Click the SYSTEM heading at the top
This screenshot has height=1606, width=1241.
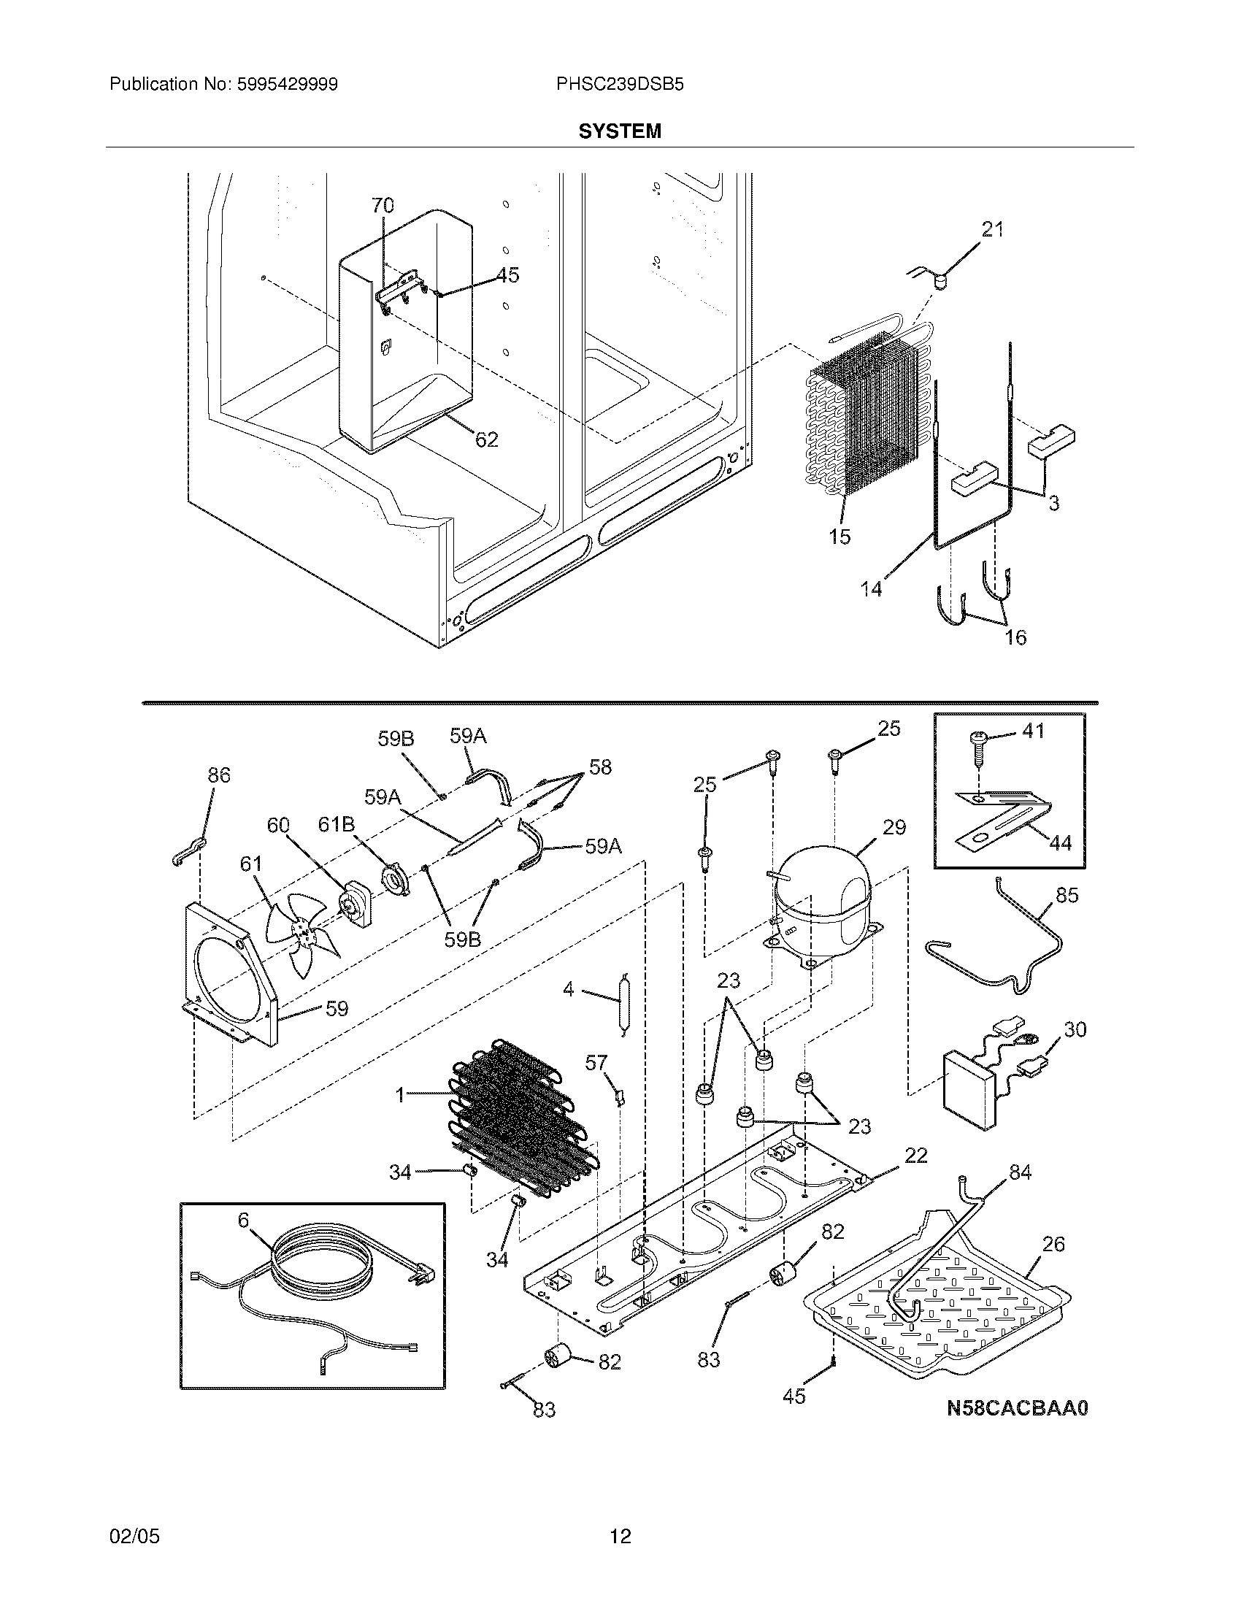click(620, 131)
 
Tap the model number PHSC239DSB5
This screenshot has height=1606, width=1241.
click(620, 85)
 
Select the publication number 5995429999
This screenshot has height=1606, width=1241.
click(288, 85)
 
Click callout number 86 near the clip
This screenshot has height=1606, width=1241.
click(218, 775)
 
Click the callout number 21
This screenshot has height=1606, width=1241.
click(993, 229)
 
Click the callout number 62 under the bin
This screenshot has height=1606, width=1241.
click(487, 439)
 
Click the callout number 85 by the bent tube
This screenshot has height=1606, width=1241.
click(1067, 895)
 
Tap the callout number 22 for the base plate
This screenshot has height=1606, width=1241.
click(916, 1156)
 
